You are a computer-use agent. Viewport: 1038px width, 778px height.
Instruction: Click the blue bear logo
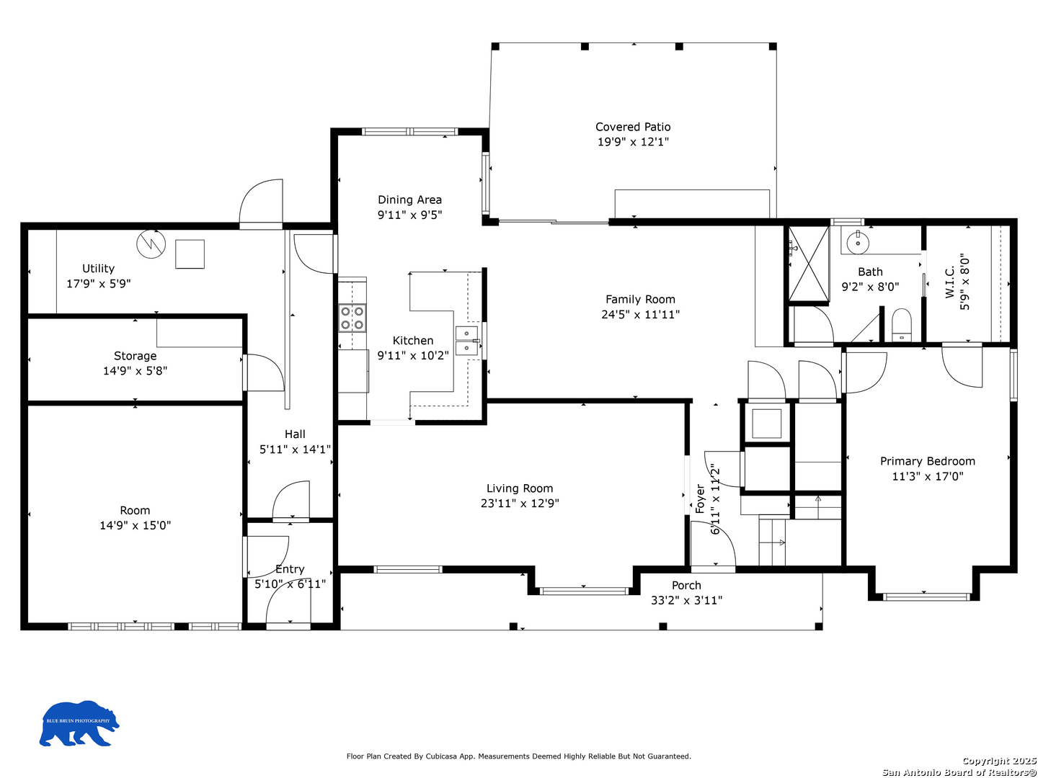[79, 723]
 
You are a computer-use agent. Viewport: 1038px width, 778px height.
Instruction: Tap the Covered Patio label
[632, 127]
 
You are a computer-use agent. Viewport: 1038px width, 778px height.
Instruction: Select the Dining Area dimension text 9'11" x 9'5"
[409, 215]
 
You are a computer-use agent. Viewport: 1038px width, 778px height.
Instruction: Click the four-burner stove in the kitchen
[352, 318]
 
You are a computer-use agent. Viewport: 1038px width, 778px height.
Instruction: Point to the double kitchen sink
[467, 341]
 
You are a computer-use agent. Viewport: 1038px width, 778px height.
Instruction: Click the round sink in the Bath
[857, 243]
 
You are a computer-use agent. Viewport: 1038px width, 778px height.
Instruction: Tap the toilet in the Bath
[901, 324]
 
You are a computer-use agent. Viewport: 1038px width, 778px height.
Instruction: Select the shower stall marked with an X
[808, 264]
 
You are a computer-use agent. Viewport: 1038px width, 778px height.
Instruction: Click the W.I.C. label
[949, 282]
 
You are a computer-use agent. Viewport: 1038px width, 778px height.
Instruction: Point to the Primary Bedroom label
[927, 461]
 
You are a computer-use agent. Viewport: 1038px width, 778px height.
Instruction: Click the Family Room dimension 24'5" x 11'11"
[640, 315]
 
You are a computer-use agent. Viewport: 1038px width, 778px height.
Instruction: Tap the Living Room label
[519, 488]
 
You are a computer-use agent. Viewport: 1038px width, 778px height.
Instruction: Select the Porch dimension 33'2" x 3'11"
[686, 600]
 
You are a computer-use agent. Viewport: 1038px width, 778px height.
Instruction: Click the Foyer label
[700, 498]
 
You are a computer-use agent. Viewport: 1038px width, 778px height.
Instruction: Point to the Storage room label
[135, 356]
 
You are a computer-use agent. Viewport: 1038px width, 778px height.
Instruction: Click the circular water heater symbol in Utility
[151, 244]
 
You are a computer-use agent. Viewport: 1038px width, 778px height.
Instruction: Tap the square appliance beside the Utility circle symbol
[190, 254]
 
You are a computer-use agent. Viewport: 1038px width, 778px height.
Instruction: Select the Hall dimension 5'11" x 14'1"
[295, 450]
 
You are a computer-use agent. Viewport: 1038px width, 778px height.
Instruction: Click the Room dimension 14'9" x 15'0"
[135, 525]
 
